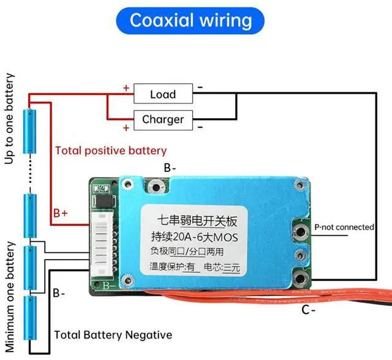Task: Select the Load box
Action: pos(162,94)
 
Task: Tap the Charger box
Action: pos(162,119)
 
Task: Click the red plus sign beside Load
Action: pos(126,88)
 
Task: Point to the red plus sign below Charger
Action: pos(126,127)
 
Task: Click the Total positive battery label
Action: pos(110,151)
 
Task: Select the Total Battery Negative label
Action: pos(113,335)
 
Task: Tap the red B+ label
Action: pos(60,213)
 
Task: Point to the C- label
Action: pos(308,310)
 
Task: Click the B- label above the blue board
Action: pos(170,167)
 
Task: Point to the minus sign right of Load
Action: pos(200,88)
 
